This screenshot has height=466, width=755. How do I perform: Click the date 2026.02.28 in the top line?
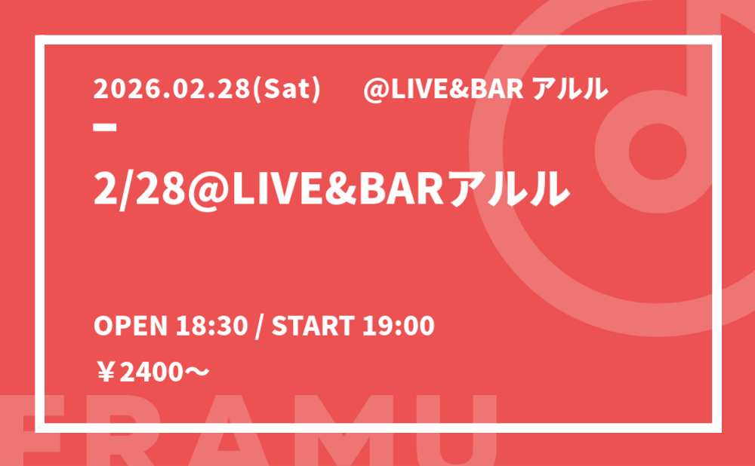[172, 90]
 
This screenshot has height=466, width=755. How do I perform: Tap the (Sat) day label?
[285, 90]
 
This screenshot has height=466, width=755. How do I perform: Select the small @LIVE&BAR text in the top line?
[443, 90]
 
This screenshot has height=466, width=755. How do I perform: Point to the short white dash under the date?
[105, 127]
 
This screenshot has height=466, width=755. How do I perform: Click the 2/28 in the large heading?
[140, 188]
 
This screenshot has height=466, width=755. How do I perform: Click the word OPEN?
[130, 326]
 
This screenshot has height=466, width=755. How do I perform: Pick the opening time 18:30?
[211, 326]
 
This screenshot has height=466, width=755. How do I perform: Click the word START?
[313, 326]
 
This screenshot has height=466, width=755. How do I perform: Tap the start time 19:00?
[399, 326]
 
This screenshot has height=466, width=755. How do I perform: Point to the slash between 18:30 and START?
[260, 326]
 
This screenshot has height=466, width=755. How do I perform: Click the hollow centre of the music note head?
[658, 151]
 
